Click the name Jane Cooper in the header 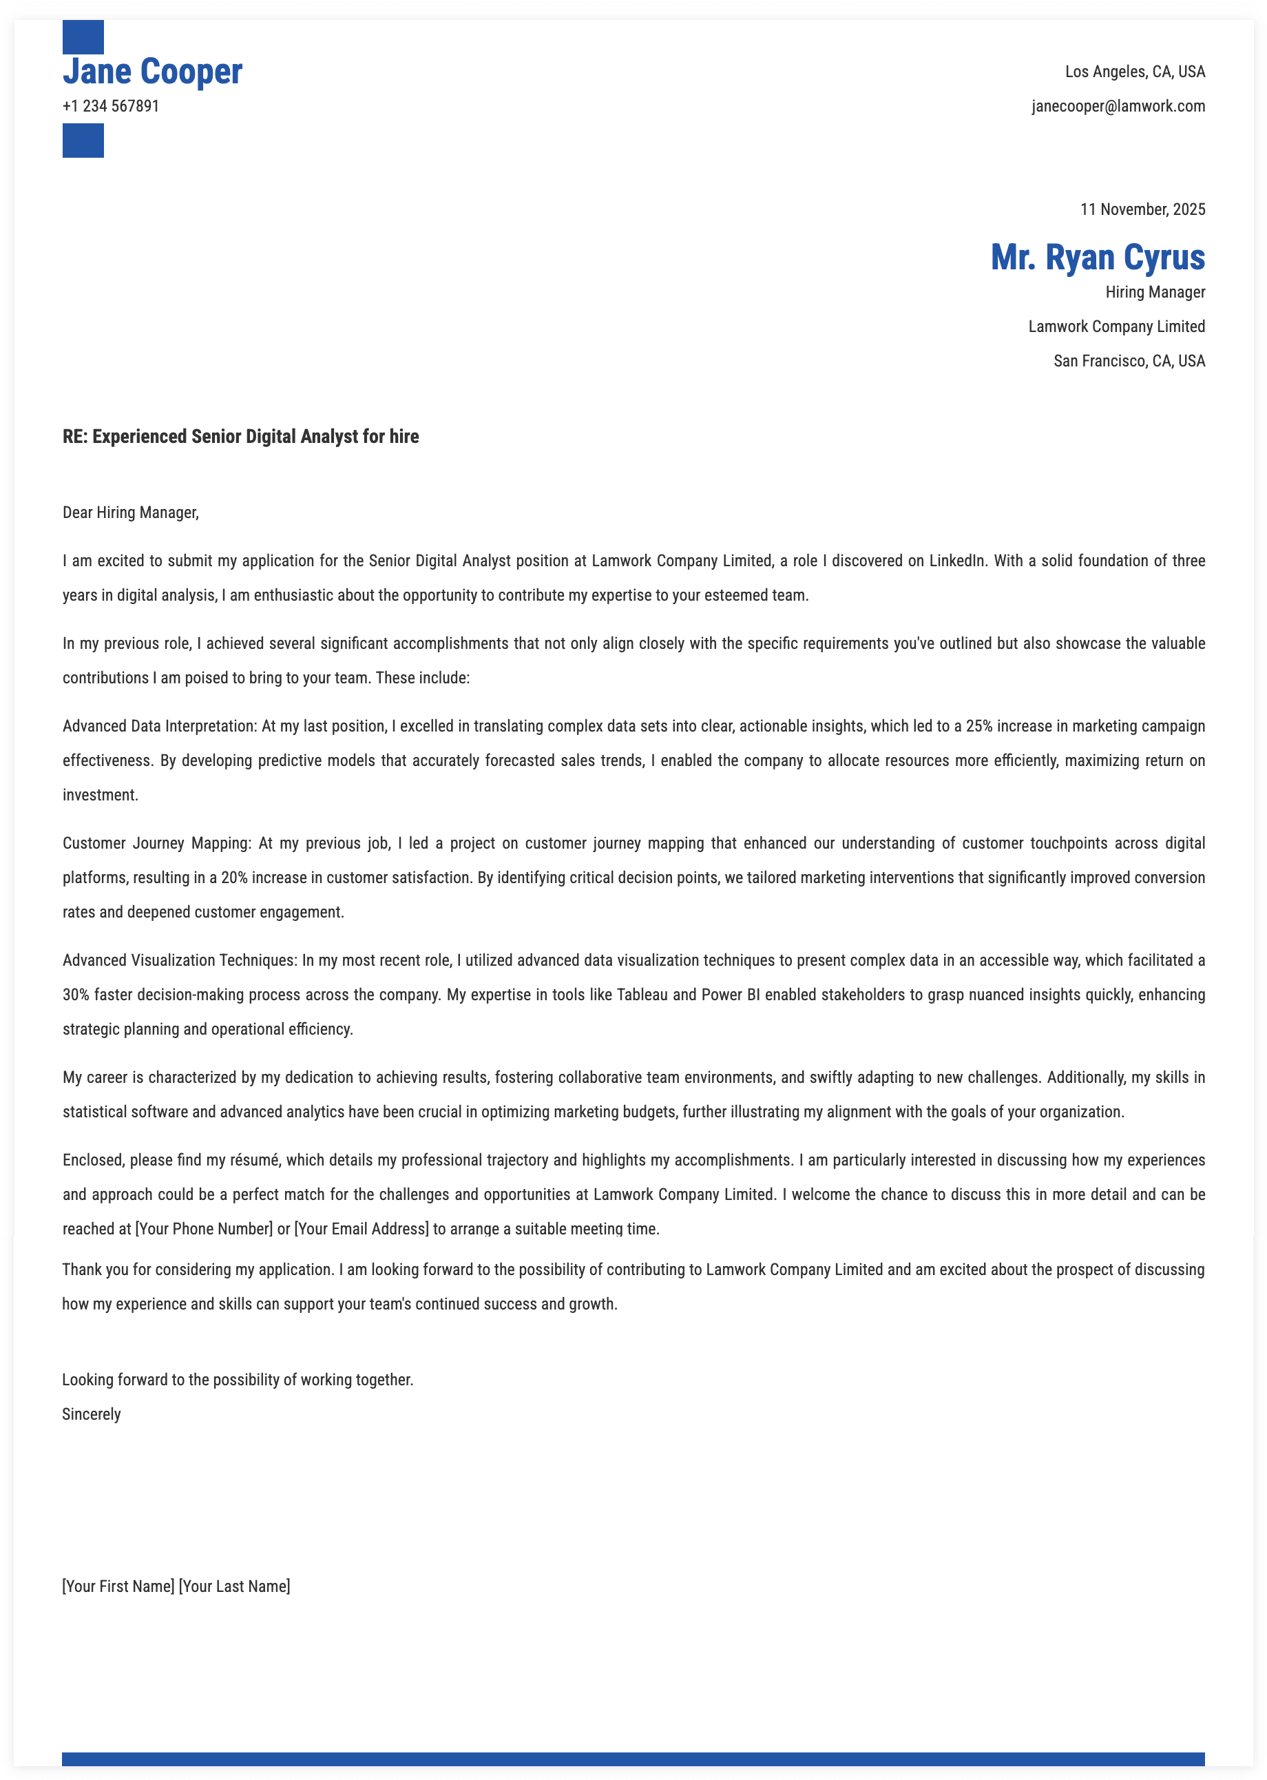tap(152, 72)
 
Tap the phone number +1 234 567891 tap(111, 106)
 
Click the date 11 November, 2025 tap(1142, 209)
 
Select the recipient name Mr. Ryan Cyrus tap(1097, 258)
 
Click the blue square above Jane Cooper tap(83, 37)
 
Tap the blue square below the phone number tap(83, 141)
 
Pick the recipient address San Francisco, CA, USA tap(1128, 360)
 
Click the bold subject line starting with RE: tap(240, 436)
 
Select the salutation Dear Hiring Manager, tap(130, 513)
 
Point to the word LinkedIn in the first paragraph tap(956, 561)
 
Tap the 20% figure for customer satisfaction tap(234, 878)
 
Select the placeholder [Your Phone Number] tap(204, 1229)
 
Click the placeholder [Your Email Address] tap(362, 1229)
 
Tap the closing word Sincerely tap(92, 1414)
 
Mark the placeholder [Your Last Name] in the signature tap(234, 1586)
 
